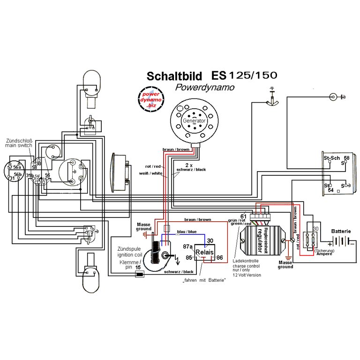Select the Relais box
click(x=204, y=252)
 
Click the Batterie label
click(x=341, y=231)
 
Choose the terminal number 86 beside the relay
click(x=219, y=257)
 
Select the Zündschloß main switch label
click(x=19, y=143)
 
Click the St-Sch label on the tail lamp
click(x=331, y=158)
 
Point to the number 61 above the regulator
click(x=243, y=216)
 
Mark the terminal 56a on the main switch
click(x=16, y=167)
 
